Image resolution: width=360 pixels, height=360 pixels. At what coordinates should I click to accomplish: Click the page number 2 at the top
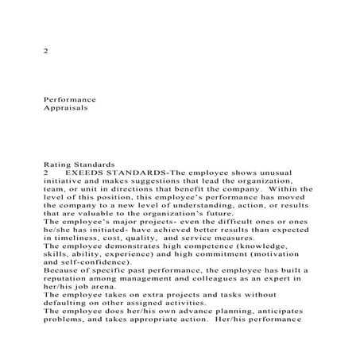[44, 50]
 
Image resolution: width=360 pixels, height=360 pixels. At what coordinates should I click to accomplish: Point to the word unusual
[296, 172]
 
